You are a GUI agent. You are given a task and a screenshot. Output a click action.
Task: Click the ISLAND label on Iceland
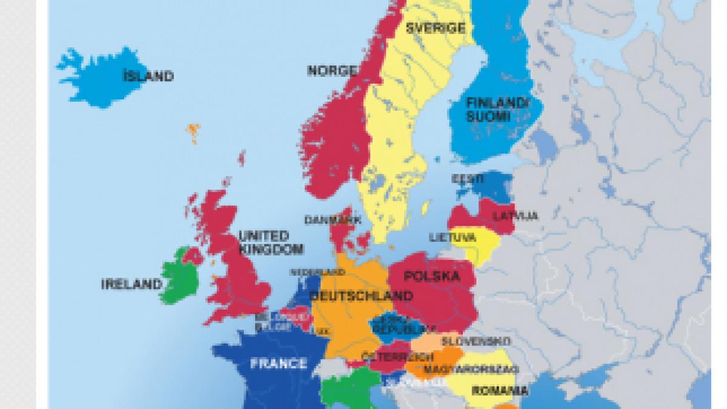pos(148,76)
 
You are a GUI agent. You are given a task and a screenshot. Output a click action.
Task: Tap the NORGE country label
pos(332,71)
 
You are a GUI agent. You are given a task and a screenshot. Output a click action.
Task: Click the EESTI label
pos(468,179)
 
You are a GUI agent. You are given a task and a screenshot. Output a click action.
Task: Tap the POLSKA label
pos(431,277)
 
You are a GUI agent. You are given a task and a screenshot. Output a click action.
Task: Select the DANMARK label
pos(333,220)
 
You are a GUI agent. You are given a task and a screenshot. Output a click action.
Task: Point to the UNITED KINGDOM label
pos(264,242)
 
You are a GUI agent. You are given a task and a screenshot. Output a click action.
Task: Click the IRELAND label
pos(131,284)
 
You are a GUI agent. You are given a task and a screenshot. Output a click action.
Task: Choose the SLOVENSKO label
pos(476,341)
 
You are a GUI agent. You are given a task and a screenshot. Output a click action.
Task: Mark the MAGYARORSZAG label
pos(471,369)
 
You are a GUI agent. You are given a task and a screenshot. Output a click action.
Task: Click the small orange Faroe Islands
pos(193,130)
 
